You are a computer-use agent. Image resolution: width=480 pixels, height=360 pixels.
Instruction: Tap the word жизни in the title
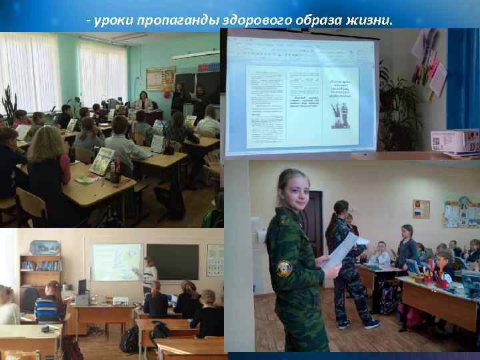click(369, 21)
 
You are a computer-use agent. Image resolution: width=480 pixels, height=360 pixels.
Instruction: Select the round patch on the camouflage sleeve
click(285, 268)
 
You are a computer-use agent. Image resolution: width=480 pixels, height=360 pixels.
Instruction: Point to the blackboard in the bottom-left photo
click(172, 261)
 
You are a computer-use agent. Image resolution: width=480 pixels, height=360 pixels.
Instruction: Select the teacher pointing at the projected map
click(150, 273)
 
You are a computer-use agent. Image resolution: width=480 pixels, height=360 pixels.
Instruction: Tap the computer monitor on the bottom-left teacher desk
click(82, 287)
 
